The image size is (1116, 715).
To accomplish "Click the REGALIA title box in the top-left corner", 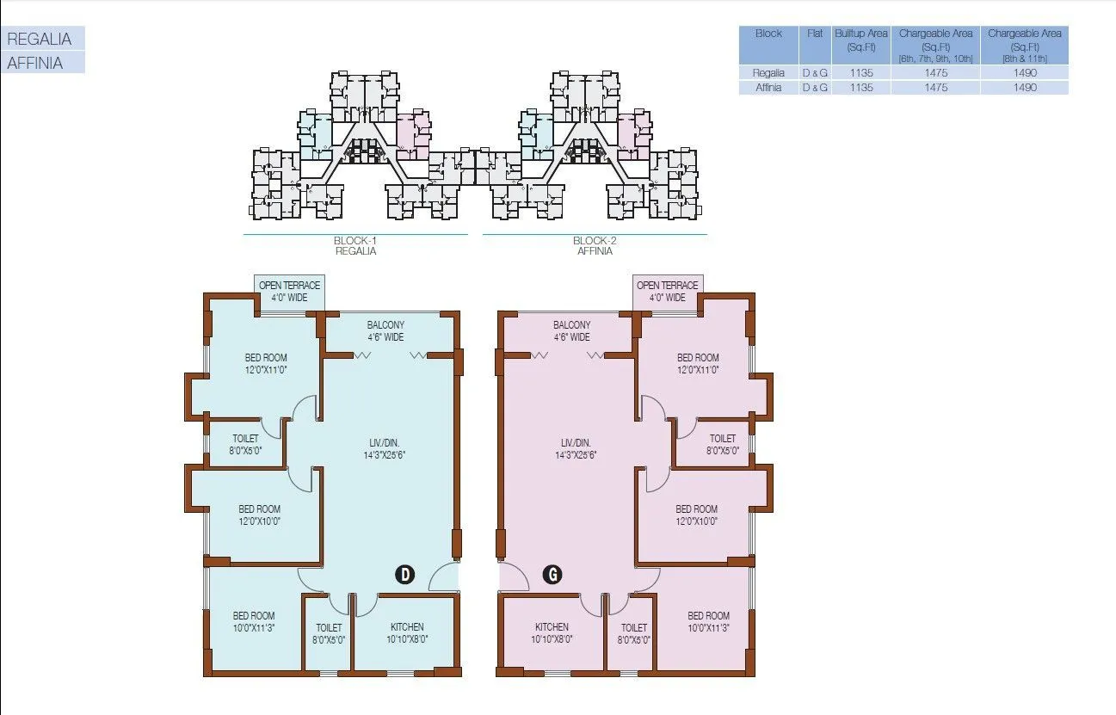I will (42, 39).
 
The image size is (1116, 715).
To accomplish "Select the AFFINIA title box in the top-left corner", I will (42, 63).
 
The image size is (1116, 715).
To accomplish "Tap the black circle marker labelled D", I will (404, 575).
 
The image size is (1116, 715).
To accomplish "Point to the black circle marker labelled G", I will (552, 575).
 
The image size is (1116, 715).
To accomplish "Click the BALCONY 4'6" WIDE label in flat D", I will (385, 330).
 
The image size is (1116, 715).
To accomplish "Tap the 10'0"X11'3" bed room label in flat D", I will (254, 622).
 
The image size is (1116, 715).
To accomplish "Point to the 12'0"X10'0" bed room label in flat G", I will (696, 515).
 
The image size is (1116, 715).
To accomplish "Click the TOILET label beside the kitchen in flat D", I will (329, 633).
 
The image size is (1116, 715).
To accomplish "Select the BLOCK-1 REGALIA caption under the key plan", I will (355, 246).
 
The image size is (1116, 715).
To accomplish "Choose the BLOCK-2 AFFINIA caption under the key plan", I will (595, 246).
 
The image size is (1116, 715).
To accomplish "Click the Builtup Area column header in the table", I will (860, 40).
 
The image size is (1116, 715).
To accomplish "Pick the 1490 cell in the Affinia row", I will (1024, 88).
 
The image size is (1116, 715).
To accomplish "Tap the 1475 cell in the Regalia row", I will (935, 73).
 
